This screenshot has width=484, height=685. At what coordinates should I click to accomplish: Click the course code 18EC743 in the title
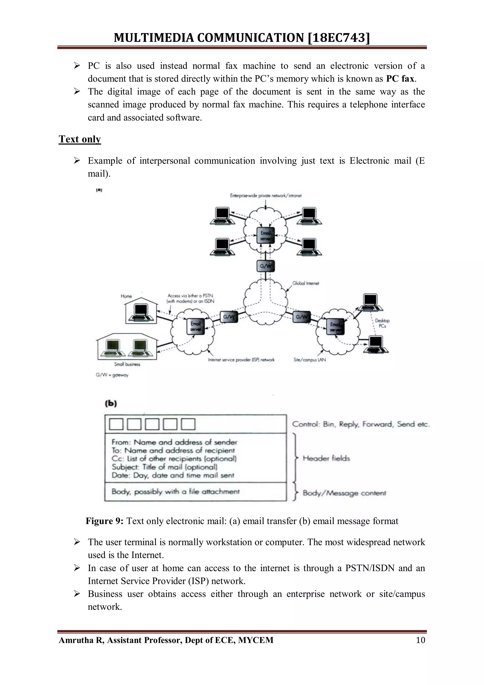click(338, 38)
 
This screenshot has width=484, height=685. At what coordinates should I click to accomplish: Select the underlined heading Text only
click(80, 139)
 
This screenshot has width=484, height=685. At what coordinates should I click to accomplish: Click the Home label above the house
click(126, 296)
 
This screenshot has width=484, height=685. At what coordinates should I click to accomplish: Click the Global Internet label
click(306, 283)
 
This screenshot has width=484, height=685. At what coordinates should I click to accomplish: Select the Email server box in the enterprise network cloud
click(265, 236)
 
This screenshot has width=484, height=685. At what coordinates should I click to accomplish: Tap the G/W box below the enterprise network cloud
click(265, 266)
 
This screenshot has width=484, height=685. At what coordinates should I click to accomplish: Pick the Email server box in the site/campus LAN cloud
click(335, 327)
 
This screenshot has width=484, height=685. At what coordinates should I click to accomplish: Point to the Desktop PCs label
click(382, 323)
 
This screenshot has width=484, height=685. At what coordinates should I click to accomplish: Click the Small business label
click(127, 364)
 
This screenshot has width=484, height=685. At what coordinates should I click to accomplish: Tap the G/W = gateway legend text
click(112, 375)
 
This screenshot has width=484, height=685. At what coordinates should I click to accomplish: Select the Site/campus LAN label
click(310, 360)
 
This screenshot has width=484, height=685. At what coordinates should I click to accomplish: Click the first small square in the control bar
click(116, 424)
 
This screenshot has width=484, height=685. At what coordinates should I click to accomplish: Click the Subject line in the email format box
click(164, 467)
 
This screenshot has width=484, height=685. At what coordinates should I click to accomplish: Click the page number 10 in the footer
click(420, 640)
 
